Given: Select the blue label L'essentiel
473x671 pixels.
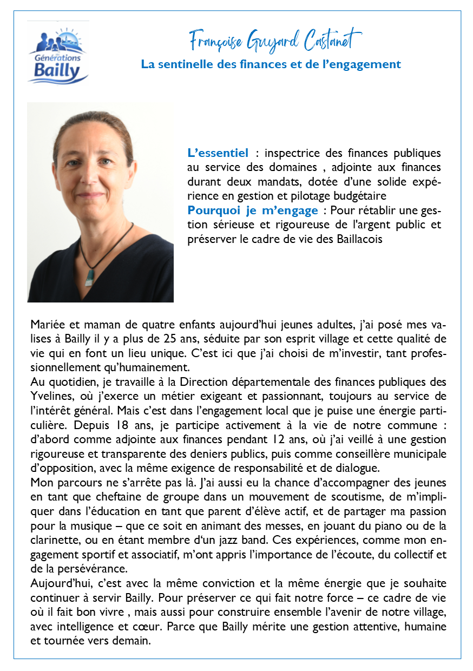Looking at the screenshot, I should [218, 153].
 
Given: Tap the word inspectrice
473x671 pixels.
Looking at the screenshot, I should [284, 153].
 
